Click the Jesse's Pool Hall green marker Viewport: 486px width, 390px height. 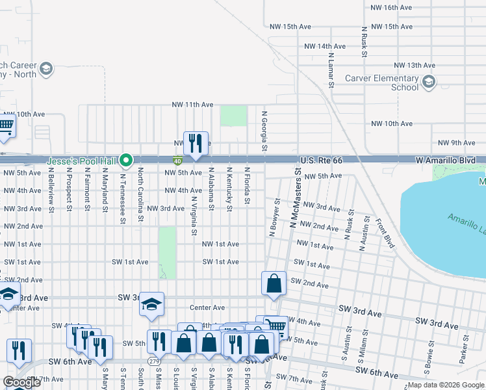tap(129, 160)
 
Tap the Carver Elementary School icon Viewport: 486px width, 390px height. tap(429, 82)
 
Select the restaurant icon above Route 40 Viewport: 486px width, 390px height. tap(195, 142)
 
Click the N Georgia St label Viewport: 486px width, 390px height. tap(264, 131)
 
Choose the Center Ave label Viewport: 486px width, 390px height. tap(207, 307)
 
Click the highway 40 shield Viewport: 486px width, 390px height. tap(177, 160)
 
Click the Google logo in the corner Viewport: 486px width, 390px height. tap(22, 382)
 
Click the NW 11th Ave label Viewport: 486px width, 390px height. tap(192, 105)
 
